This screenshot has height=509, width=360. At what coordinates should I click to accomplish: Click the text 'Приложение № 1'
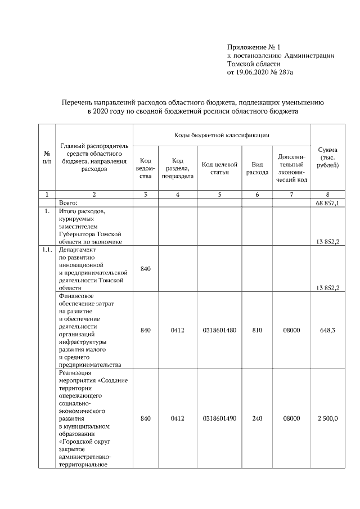click(x=249, y=47)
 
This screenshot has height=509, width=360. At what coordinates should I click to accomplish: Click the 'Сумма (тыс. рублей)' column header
click(x=327, y=157)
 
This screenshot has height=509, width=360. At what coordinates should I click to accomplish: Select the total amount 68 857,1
click(x=327, y=202)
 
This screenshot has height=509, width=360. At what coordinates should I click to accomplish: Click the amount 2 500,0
click(x=327, y=418)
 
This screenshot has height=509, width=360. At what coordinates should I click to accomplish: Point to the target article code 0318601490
click(x=219, y=418)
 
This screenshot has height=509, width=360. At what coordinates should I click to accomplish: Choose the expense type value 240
click(x=257, y=418)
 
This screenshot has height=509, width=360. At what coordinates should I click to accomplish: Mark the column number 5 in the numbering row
click(x=219, y=194)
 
